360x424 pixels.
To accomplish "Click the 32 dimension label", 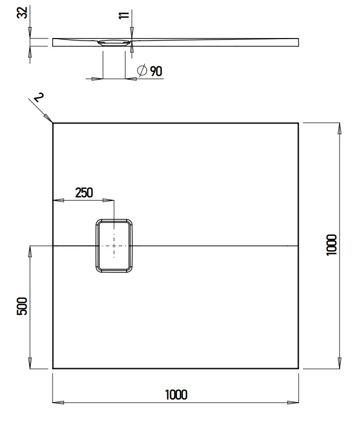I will pos(22,13).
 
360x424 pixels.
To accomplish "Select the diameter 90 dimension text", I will pos(156,71).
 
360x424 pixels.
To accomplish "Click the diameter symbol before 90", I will pos(142,71).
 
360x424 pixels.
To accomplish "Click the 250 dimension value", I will pos(84,192).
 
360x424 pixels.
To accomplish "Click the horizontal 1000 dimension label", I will pos(176,394).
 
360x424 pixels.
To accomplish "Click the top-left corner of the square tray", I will pos(53,123).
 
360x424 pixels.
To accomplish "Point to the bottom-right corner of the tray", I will pos(299,368).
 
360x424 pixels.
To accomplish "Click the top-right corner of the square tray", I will pos(299,123).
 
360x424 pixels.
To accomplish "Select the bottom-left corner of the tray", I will pos(53,368).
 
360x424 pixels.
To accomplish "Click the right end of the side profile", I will pos(299,42).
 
